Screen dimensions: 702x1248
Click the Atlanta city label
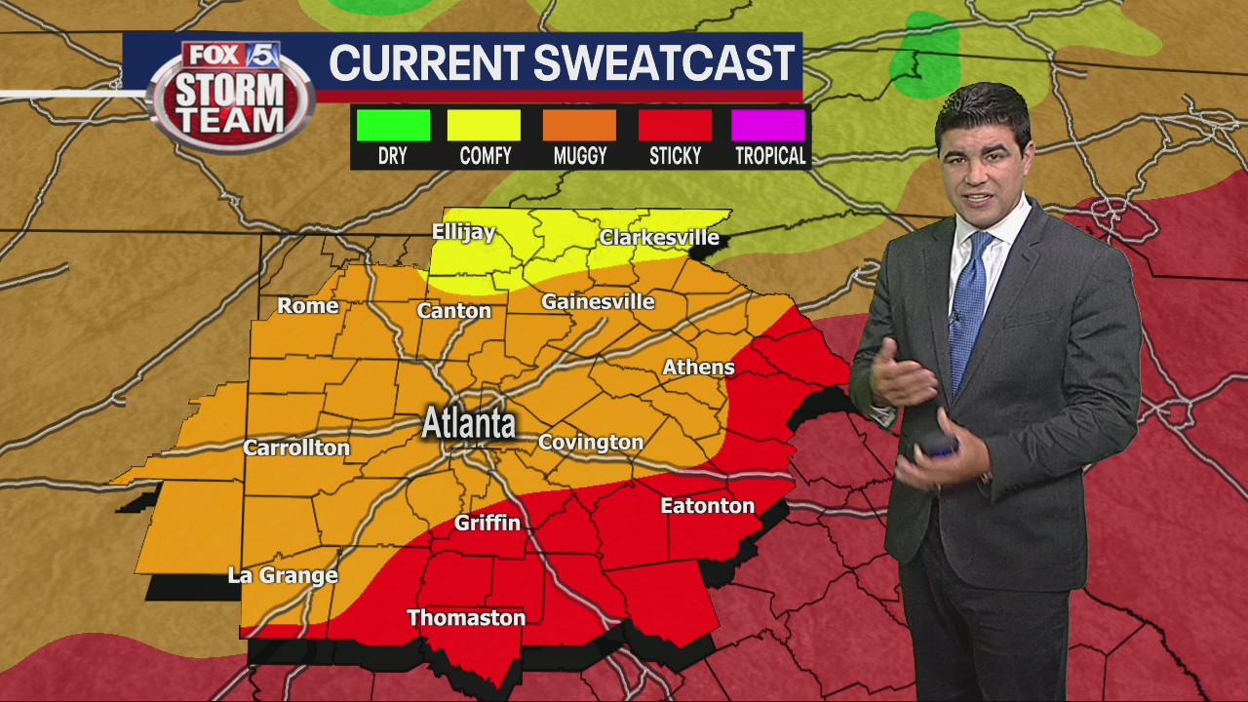point(469,424)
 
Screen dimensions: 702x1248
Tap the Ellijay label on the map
point(463,232)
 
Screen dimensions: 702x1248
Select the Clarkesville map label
point(659,237)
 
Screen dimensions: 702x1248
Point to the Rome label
point(308,305)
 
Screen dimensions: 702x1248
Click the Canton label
point(453,310)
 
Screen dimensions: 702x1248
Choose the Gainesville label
point(598,301)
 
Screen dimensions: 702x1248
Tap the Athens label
point(698,367)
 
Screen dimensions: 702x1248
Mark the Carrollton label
point(295,448)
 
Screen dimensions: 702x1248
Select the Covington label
point(591,442)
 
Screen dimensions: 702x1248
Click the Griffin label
point(487,523)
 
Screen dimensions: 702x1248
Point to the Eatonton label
point(707,505)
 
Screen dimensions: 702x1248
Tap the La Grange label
point(283,574)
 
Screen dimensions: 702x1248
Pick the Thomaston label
point(466,617)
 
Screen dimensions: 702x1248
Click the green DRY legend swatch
point(393,126)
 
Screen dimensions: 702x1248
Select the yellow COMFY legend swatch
point(484,126)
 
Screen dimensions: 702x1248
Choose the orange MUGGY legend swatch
point(579,126)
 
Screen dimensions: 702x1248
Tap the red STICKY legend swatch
point(675,126)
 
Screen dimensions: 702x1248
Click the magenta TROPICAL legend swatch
point(768,126)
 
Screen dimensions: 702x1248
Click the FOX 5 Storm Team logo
point(231,96)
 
